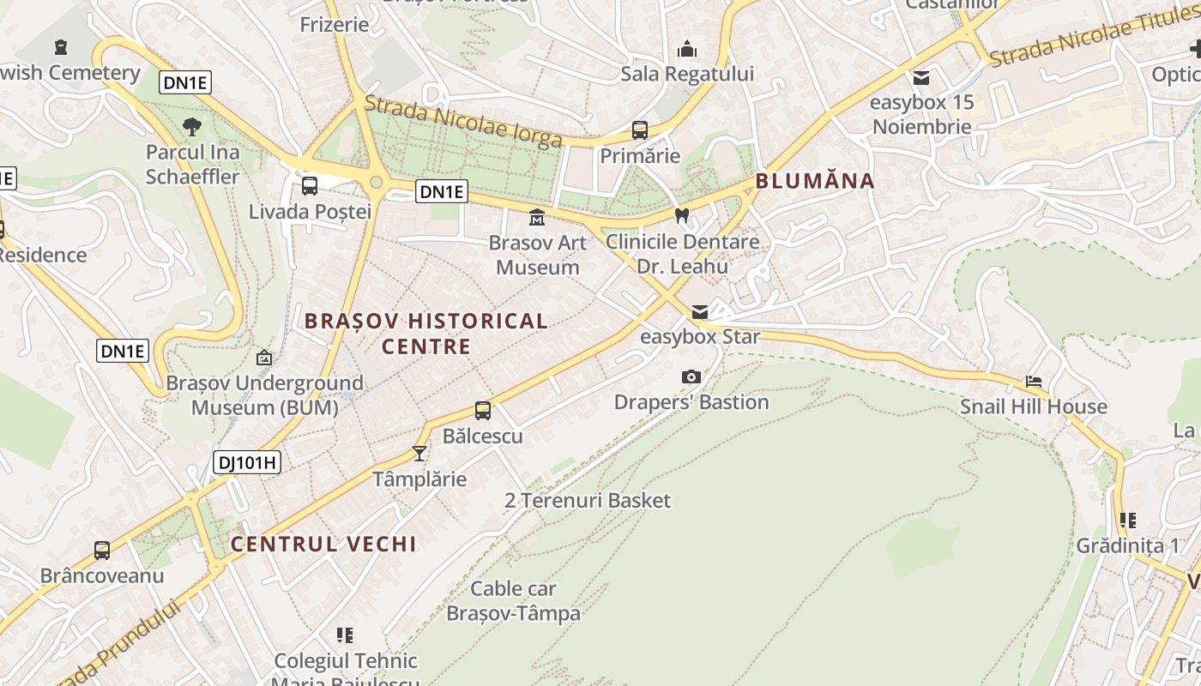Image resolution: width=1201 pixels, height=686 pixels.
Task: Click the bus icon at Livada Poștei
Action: click(x=310, y=185)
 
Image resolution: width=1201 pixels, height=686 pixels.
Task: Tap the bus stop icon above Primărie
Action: click(x=640, y=130)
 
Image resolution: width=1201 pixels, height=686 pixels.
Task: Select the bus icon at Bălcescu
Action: click(x=483, y=411)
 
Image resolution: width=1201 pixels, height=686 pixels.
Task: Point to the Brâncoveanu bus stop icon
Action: click(x=102, y=551)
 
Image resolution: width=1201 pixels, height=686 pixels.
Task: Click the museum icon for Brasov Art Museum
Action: click(x=537, y=216)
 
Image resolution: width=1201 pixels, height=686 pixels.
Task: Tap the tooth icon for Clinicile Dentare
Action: click(x=682, y=215)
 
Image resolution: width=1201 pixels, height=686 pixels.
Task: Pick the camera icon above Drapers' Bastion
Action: click(x=691, y=376)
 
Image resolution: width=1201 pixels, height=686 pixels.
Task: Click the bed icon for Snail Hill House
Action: click(x=1034, y=381)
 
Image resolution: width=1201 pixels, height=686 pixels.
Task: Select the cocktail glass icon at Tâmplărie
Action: click(x=419, y=453)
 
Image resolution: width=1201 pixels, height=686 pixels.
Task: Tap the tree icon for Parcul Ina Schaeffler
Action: click(x=192, y=127)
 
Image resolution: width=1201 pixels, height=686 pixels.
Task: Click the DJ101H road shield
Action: click(x=247, y=463)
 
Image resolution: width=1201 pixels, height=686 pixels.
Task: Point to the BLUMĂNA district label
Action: click(x=815, y=181)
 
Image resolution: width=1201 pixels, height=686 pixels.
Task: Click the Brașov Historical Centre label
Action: click(x=426, y=334)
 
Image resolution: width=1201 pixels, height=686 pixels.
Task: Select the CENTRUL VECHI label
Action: click(x=323, y=544)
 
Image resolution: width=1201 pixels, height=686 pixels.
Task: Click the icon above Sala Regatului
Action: click(x=687, y=49)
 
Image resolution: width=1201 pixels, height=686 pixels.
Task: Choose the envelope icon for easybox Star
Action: click(x=700, y=311)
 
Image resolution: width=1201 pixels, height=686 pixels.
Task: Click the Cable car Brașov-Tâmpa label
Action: click(x=513, y=601)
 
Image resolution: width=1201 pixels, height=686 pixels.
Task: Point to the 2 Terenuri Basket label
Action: click(x=588, y=500)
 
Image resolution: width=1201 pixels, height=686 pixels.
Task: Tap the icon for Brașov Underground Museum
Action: click(x=264, y=358)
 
